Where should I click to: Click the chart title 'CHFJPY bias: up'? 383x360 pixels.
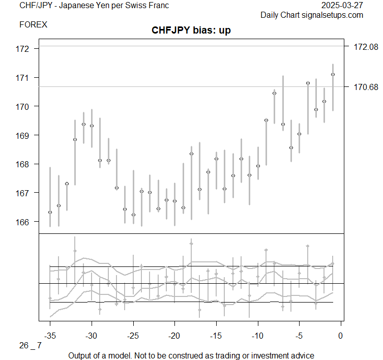tap(191, 31)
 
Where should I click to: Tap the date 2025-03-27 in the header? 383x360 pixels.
tap(342, 6)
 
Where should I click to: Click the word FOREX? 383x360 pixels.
tap(33, 24)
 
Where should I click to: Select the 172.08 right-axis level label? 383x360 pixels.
tap(366, 47)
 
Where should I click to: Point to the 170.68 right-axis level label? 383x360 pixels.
tap(366, 87)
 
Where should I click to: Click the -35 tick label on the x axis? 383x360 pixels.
tap(50, 336)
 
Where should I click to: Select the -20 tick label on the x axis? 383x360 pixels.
tap(174, 336)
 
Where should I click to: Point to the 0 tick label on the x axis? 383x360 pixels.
tap(340, 336)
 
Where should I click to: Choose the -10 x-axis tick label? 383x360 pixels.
tap(257, 336)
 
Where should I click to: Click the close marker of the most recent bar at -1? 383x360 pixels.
tap(333, 74)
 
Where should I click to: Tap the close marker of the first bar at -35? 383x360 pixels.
tap(50, 212)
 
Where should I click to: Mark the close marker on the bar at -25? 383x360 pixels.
tap(133, 215)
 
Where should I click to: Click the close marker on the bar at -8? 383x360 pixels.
tap(274, 93)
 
